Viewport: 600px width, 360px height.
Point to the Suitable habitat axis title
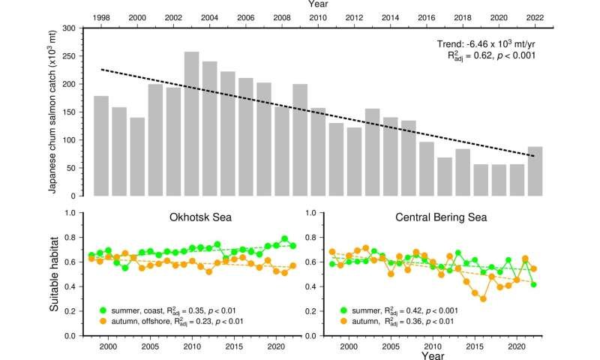point(53,274)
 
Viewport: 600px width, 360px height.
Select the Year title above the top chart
point(317,5)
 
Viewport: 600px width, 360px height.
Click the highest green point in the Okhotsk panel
point(284,238)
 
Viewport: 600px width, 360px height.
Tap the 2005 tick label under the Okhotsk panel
point(149,346)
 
